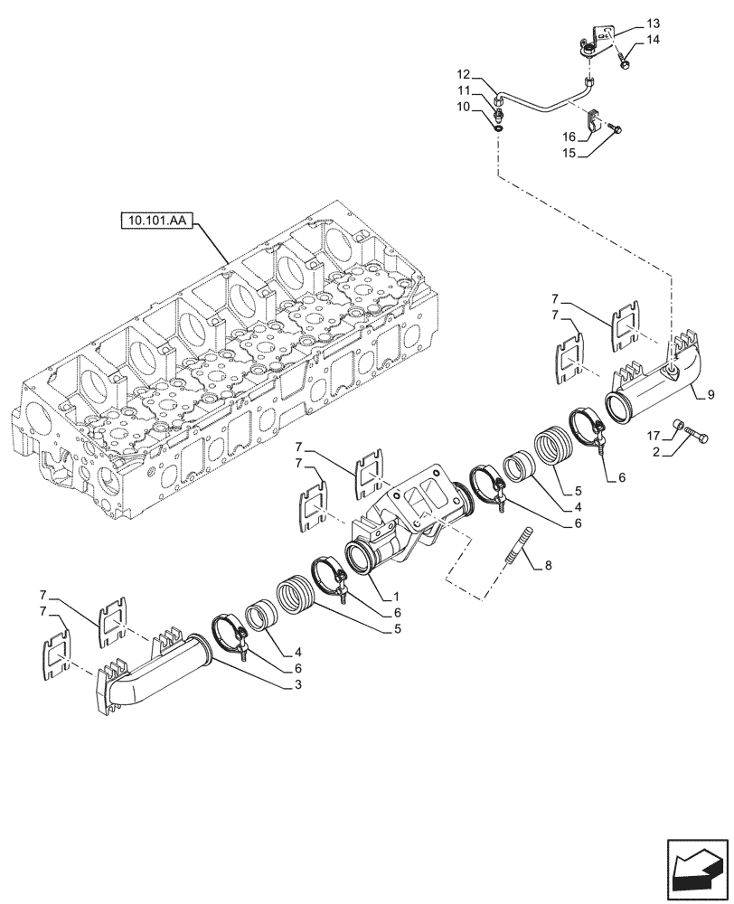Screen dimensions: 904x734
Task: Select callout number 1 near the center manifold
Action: [x=396, y=597]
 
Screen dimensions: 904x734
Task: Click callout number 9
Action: [x=710, y=394]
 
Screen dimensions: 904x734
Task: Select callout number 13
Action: [x=654, y=22]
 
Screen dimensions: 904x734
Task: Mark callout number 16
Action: [x=569, y=137]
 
